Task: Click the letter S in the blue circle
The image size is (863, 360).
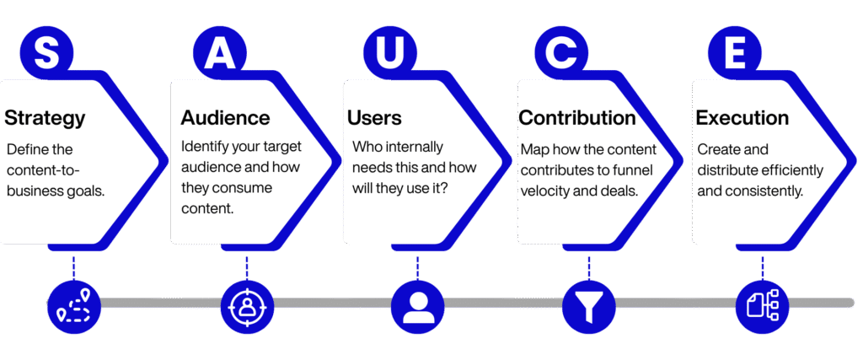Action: tap(46, 51)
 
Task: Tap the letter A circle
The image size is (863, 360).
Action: tap(220, 51)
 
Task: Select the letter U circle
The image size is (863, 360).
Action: tap(390, 51)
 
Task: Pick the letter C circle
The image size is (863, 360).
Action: tap(560, 51)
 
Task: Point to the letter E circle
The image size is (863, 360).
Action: tap(733, 51)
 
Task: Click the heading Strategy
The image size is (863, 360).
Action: tap(45, 118)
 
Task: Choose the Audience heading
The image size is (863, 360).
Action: tap(225, 118)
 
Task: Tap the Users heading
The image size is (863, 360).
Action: tap(374, 118)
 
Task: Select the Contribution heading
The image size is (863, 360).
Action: tap(576, 118)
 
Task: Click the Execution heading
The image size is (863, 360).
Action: tap(742, 118)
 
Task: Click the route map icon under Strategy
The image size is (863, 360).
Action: tap(74, 304)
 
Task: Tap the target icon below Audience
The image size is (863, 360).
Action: tap(247, 304)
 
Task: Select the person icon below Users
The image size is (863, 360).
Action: tap(418, 304)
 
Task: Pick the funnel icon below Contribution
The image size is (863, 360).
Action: tap(589, 304)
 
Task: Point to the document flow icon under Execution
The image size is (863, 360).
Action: tap(762, 304)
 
